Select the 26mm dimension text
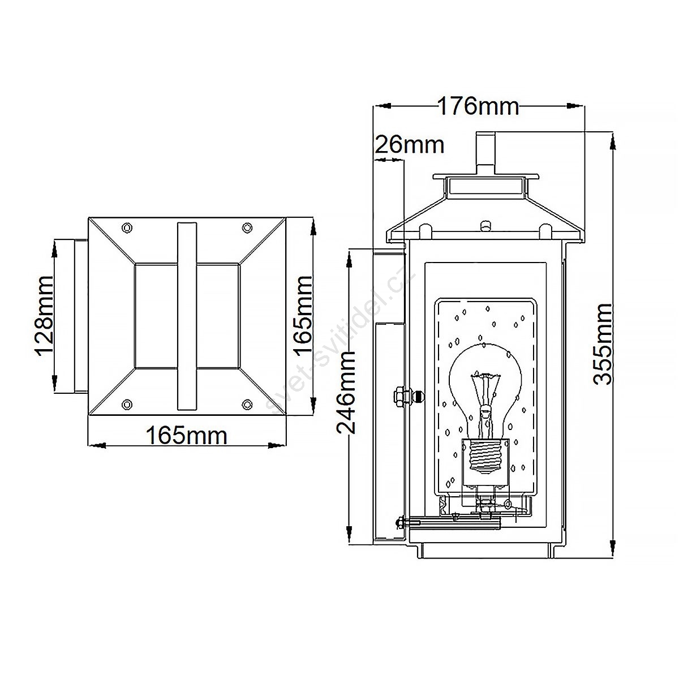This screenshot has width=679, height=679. (x=410, y=144)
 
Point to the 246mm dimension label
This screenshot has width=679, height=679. (x=346, y=392)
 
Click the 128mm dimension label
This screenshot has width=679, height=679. (x=45, y=316)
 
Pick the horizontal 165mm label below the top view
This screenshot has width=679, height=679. (x=186, y=436)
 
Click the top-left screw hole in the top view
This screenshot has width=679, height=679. (x=127, y=228)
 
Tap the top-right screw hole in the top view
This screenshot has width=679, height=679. (x=247, y=228)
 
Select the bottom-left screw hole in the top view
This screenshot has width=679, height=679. (x=127, y=404)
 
